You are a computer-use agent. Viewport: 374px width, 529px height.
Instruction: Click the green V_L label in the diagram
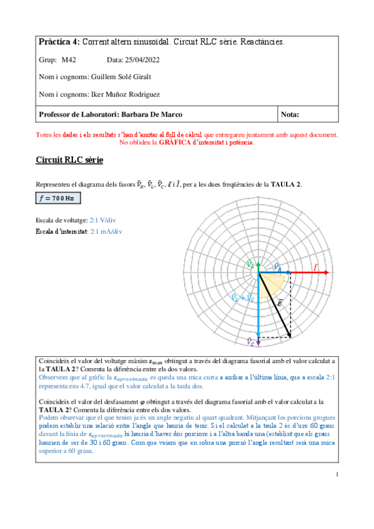point(250,264)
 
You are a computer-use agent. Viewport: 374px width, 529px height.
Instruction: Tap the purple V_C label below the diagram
point(250,341)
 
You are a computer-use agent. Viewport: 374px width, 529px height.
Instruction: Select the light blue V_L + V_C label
point(242,298)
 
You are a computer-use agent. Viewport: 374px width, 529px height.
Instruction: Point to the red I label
point(315,267)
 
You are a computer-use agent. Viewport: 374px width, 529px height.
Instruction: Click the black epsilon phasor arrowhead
point(290,336)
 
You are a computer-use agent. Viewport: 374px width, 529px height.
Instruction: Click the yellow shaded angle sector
point(275,283)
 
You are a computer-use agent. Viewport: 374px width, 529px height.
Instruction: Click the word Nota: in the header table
point(291,114)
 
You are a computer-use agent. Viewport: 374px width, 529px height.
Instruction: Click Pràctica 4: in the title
point(59,42)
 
